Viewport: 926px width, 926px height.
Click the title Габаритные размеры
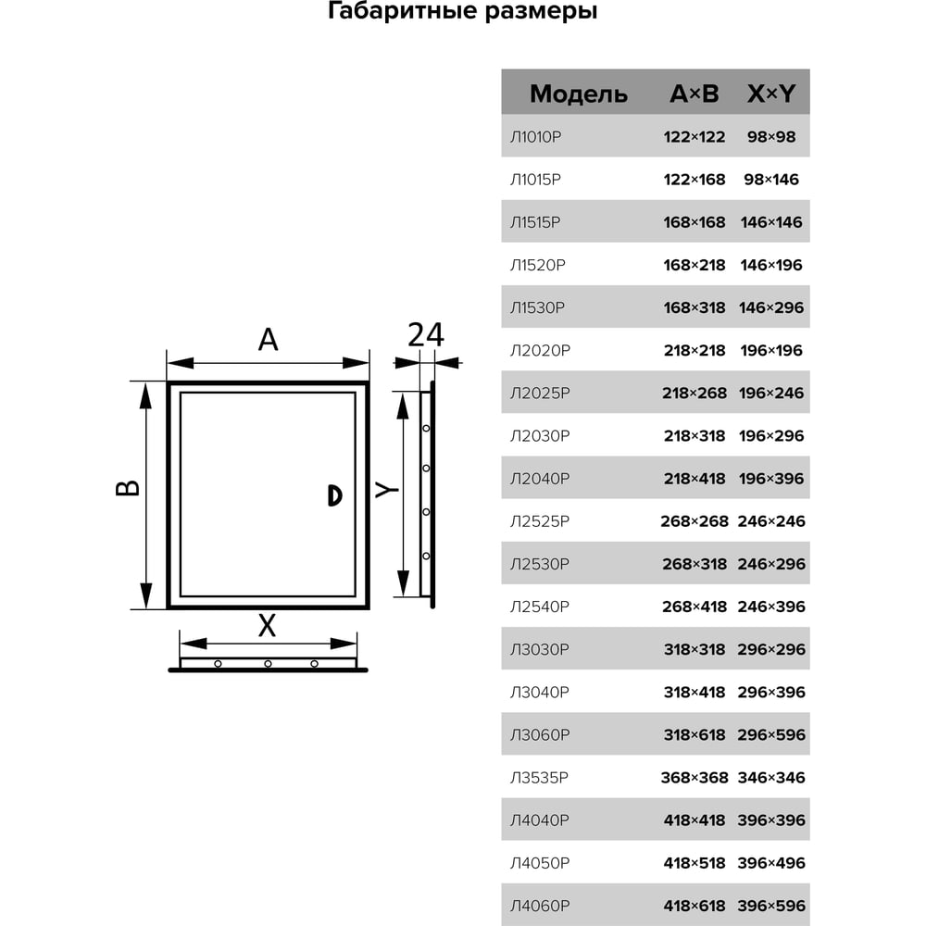[x=462, y=12]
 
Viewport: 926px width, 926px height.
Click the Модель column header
[x=578, y=94]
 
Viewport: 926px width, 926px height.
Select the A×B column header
[x=694, y=94]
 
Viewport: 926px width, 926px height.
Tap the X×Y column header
[x=771, y=94]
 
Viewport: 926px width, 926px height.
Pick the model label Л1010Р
[x=535, y=137]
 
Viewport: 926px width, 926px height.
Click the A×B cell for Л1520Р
[x=694, y=265]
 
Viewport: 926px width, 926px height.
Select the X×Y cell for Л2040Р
[x=771, y=479]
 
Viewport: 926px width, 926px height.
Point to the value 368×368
[x=694, y=778]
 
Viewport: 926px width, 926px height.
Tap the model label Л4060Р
[x=540, y=906]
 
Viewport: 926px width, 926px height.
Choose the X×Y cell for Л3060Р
[x=771, y=734]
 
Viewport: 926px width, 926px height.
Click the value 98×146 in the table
[x=771, y=180]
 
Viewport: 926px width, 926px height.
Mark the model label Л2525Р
[x=540, y=521]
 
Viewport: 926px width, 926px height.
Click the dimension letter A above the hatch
[x=269, y=340]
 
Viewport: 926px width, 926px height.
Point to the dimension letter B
[x=128, y=488]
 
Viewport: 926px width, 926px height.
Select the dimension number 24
[x=426, y=335]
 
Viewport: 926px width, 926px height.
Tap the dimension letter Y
[x=387, y=490]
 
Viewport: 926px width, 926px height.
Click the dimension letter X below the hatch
[x=267, y=625]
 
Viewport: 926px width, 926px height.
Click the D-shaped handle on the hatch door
[x=335, y=495]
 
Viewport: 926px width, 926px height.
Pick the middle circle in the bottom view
[x=269, y=664]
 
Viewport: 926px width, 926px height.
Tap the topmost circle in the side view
[x=426, y=428]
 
